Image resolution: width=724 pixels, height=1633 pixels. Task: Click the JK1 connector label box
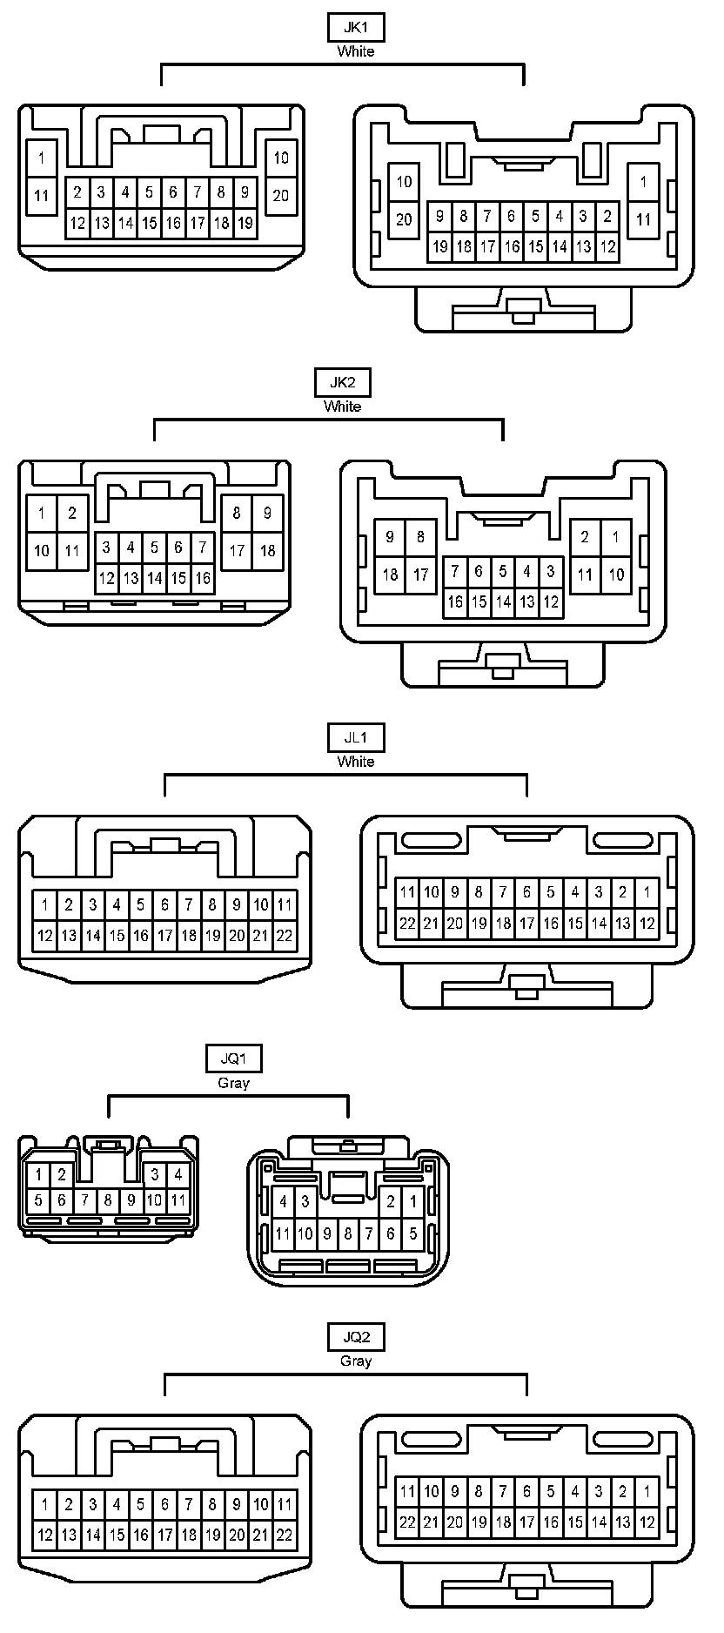356,27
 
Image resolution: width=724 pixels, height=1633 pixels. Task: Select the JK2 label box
342,382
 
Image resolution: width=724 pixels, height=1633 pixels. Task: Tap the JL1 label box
356,737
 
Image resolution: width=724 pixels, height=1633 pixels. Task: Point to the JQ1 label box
233,1058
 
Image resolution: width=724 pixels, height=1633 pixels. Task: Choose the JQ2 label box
356,1336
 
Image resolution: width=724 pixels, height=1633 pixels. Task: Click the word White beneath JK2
342,407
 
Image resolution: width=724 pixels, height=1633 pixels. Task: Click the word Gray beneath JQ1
233,1083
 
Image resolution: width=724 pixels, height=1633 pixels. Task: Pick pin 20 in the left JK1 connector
280,195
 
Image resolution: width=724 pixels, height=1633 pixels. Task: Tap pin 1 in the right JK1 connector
643,181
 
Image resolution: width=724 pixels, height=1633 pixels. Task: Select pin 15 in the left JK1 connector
150,224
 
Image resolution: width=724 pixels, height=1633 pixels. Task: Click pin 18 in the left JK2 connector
267,550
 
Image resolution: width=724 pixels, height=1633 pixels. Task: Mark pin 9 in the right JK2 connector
390,537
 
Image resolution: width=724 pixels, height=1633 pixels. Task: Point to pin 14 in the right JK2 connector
503,601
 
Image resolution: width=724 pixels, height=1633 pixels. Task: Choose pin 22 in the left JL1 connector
284,937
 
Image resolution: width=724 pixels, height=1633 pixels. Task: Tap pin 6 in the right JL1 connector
526,891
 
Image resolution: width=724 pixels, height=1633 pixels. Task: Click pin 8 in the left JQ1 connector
108,1200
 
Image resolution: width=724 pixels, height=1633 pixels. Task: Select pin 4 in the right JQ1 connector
283,1202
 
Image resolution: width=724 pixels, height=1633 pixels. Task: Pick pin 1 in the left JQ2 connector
44,1503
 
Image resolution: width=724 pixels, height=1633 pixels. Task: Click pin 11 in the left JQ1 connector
178,1200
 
